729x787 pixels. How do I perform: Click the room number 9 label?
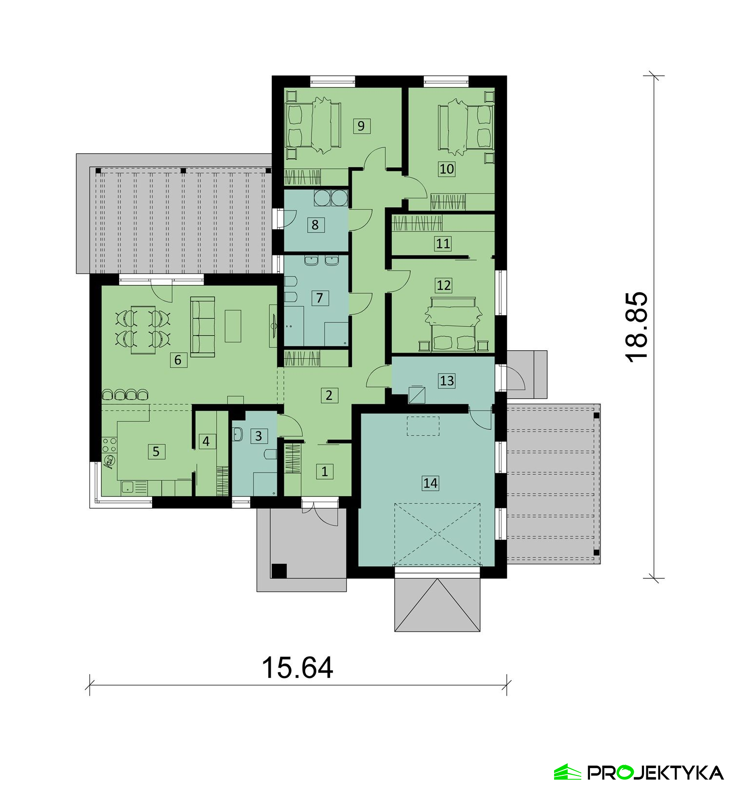tap(361, 126)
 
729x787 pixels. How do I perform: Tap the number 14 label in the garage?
tap(430, 483)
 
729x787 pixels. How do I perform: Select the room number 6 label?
tap(178, 360)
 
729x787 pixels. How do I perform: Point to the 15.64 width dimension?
tap(297, 667)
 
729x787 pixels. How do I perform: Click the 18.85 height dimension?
tap(636, 326)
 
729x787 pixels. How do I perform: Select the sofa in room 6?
tap(203, 326)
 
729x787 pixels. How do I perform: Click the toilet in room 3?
tap(270, 454)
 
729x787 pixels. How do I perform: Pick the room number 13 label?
tap(447, 380)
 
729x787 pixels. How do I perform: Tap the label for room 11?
tap(443, 243)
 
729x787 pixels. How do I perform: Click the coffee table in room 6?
tap(233, 326)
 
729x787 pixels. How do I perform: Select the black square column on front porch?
tap(279, 571)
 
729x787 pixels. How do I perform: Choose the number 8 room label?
tap(315, 225)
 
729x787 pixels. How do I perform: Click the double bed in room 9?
tap(312, 125)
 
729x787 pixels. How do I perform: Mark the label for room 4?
tap(207, 441)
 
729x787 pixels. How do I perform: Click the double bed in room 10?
tap(466, 125)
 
